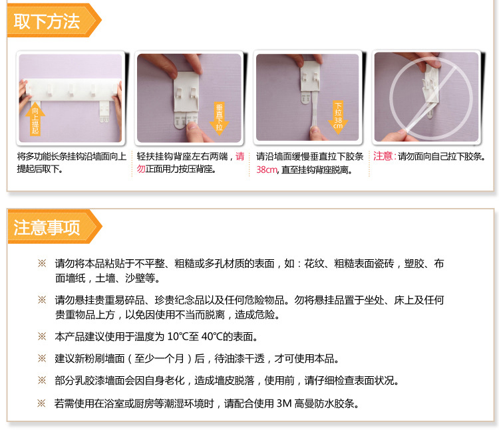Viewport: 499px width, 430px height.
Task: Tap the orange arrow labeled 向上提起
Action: point(35,120)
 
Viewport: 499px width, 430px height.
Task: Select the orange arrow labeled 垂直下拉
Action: point(219,118)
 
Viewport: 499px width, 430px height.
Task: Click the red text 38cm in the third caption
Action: point(267,170)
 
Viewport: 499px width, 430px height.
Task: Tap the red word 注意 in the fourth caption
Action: point(383,156)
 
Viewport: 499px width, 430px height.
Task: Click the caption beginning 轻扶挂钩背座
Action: point(190,163)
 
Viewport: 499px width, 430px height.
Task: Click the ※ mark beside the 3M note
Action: point(41,403)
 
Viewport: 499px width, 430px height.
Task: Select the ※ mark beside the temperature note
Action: point(41,337)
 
